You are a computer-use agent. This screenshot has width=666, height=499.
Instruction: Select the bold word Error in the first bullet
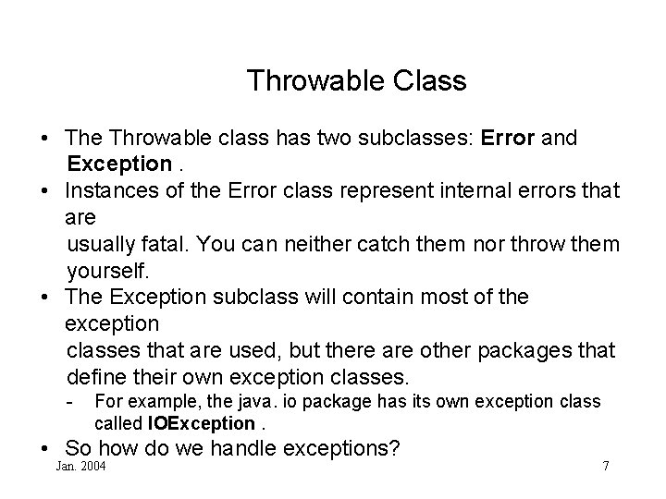tap(507, 139)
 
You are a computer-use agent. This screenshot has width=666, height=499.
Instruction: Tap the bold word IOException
tap(201, 423)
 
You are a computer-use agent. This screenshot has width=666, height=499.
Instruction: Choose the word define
tap(95, 377)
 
